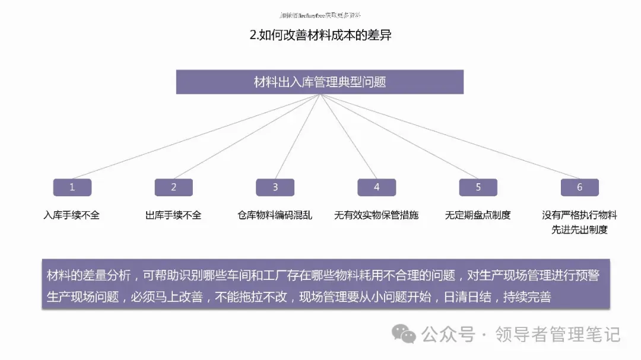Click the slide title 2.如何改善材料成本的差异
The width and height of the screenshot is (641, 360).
320,35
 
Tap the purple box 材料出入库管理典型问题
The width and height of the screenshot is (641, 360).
320,82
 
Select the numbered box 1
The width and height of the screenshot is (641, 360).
72,187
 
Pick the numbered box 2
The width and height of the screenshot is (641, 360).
174,187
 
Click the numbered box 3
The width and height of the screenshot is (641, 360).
275,187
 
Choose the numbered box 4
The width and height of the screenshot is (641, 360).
377,187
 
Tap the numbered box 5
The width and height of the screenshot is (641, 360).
478,187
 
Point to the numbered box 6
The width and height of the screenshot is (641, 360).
580,187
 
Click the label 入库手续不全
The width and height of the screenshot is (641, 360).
71,215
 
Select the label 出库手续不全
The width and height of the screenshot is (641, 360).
173,215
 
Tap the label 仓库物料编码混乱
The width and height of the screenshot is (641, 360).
275,215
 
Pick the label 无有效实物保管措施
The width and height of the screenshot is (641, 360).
376,215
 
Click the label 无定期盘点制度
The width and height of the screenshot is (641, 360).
478,215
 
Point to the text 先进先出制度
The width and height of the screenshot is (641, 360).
580,230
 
